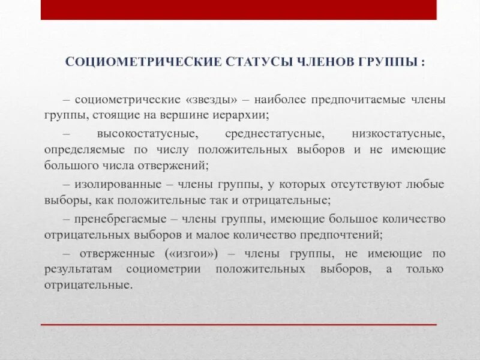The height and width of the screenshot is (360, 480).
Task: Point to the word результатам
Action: [76, 269]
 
